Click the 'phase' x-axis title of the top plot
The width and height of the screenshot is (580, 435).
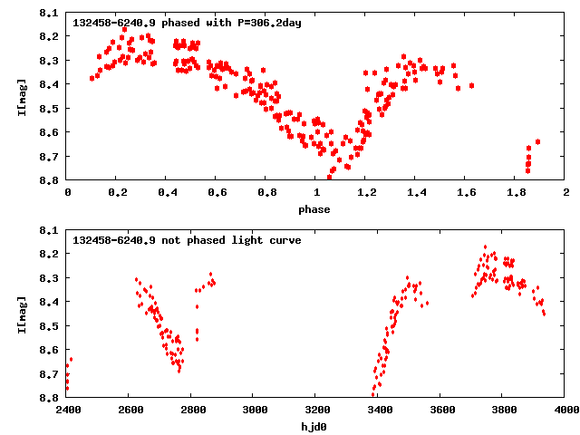[314, 209]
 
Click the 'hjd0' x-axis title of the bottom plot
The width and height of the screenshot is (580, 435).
[314, 427]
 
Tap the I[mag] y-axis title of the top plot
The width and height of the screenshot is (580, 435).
[22, 97]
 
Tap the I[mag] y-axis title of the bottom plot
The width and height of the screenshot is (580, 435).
[22, 314]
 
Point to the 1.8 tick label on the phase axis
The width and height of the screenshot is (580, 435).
[516, 192]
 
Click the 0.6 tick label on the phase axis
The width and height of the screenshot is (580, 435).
[217, 192]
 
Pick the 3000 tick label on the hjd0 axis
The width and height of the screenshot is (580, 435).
[256, 410]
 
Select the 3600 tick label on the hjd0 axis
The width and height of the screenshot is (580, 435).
[442, 410]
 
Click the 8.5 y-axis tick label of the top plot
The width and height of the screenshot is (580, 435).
[49, 109]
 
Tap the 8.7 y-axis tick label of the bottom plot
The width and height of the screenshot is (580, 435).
[49, 374]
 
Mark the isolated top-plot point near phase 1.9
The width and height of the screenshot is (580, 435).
[537, 142]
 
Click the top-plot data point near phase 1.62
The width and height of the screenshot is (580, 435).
[471, 86]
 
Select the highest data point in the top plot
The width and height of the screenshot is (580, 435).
[125, 30]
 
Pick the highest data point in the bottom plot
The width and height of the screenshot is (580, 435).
[486, 247]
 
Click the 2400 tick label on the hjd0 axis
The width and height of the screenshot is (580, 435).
[68, 410]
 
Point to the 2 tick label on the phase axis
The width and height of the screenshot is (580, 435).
[566, 192]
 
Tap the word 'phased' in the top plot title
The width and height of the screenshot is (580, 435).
[180, 24]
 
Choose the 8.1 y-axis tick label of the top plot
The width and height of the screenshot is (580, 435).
[49, 14]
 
